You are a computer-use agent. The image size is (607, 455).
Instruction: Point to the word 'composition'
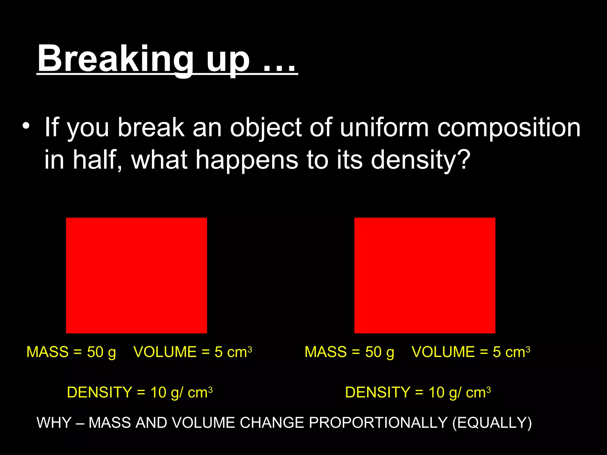(x=509, y=128)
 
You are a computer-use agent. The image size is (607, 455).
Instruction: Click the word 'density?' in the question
(x=420, y=160)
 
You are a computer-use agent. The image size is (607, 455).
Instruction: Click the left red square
(x=136, y=275)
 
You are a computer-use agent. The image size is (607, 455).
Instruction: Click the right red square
(x=425, y=275)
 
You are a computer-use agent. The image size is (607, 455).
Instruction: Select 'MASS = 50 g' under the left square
(x=71, y=352)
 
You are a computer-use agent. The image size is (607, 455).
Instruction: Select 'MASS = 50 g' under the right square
(x=349, y=352)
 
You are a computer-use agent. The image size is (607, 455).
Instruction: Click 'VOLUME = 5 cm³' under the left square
(x=193, y=352)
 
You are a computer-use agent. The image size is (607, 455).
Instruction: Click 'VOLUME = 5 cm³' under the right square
(x=471, y=352)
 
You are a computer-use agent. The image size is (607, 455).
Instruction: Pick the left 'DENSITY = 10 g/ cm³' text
(x=140, y=392)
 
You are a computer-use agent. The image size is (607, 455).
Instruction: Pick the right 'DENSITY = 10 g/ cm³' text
(x=418, y=392)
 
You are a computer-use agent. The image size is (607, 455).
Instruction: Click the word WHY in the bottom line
(x=54, y=423)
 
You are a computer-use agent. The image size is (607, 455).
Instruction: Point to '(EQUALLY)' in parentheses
(x=492, y=423)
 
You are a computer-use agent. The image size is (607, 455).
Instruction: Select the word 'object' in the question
(x=266, y=128)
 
